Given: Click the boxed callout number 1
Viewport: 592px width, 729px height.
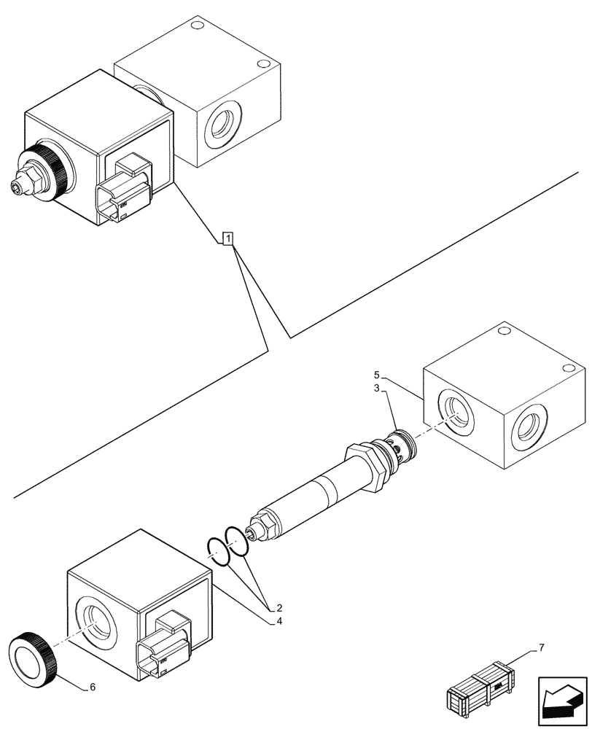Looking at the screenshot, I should coord(228,238).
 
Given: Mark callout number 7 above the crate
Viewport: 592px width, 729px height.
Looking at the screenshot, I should coord(541,647).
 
